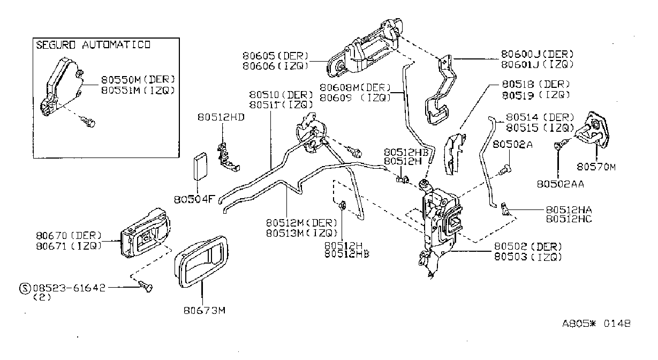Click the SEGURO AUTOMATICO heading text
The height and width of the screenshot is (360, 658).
(x=93, y=45)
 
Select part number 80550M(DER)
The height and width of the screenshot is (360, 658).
(x=138, y=79)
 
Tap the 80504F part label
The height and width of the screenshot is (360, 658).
(x=195, y=199)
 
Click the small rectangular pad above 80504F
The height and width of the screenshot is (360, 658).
(x=200, y=166)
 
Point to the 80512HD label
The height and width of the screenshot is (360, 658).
(x=221, y=117)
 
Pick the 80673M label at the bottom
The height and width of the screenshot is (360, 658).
(x=205, y=310)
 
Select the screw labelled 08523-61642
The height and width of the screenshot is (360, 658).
(x=146, y=286)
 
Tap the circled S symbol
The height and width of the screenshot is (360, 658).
(x=25, y=288)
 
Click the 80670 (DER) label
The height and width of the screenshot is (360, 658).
(x=69, y=235)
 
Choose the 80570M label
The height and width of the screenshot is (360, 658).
(x=596, y=167)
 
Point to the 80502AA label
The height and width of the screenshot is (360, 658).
(x=560, y=184)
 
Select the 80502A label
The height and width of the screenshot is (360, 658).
(x=512, y=144)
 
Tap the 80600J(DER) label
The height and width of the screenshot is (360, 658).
(x=538, y=54)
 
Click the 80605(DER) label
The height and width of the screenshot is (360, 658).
(x=276, y=56)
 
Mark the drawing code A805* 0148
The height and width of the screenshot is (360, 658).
(x=596, y=324)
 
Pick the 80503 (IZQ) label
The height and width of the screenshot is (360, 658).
(x=528, y=257)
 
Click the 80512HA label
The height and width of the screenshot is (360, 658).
(x=569, y=209)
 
